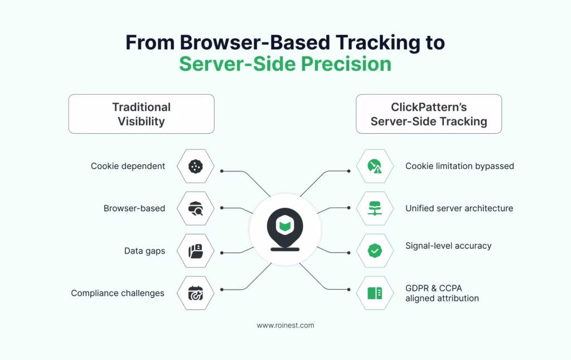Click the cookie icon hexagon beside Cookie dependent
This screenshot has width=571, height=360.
point(195,166)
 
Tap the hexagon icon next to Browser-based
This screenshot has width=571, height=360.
point(195,208)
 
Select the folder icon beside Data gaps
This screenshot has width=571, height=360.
point(195,251)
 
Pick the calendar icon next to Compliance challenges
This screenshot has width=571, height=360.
point(195,293)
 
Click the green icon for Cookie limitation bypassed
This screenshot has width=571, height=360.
point(375,166)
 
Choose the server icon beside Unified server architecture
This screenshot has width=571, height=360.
point(375,208)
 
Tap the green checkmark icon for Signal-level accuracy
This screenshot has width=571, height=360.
point(375,251)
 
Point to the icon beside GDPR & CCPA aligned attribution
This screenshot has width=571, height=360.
point(375,293)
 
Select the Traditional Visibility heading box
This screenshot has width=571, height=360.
point(141,114)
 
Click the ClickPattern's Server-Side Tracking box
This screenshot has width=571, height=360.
point(428,114)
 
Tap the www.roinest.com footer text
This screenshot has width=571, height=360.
point(285,325)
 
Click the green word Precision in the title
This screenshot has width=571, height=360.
point(346,64)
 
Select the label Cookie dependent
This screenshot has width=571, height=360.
point(128,166)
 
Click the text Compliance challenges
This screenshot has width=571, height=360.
point(117,293)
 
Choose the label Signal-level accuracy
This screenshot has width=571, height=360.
point(448,246)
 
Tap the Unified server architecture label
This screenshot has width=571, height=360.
point(459,208)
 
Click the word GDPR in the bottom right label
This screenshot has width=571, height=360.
point(417,289)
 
